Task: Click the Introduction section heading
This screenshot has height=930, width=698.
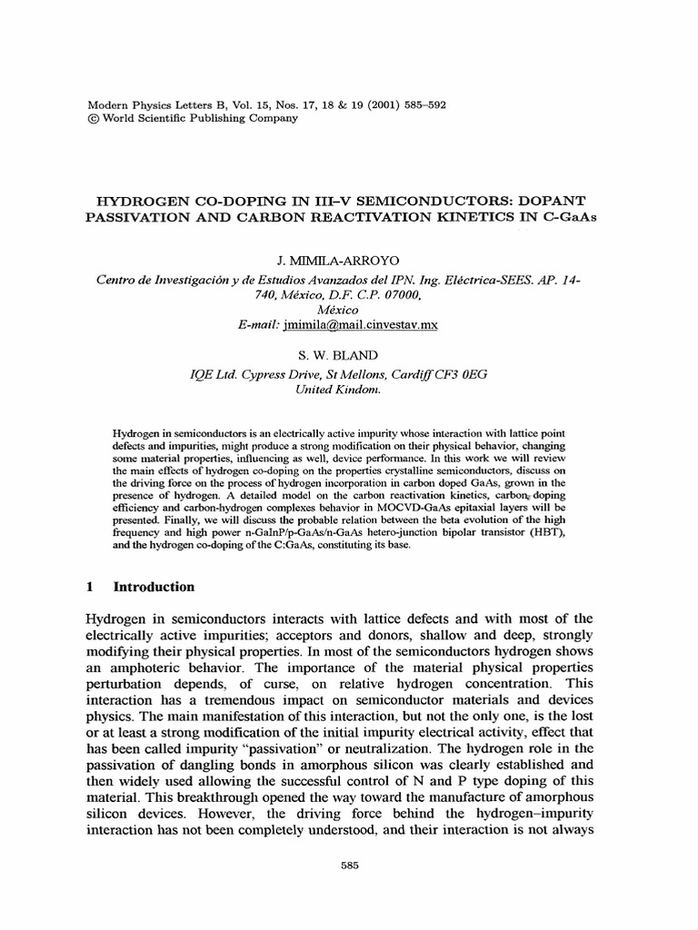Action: pos(153,587)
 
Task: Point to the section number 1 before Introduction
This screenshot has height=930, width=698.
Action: pos(89,587)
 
